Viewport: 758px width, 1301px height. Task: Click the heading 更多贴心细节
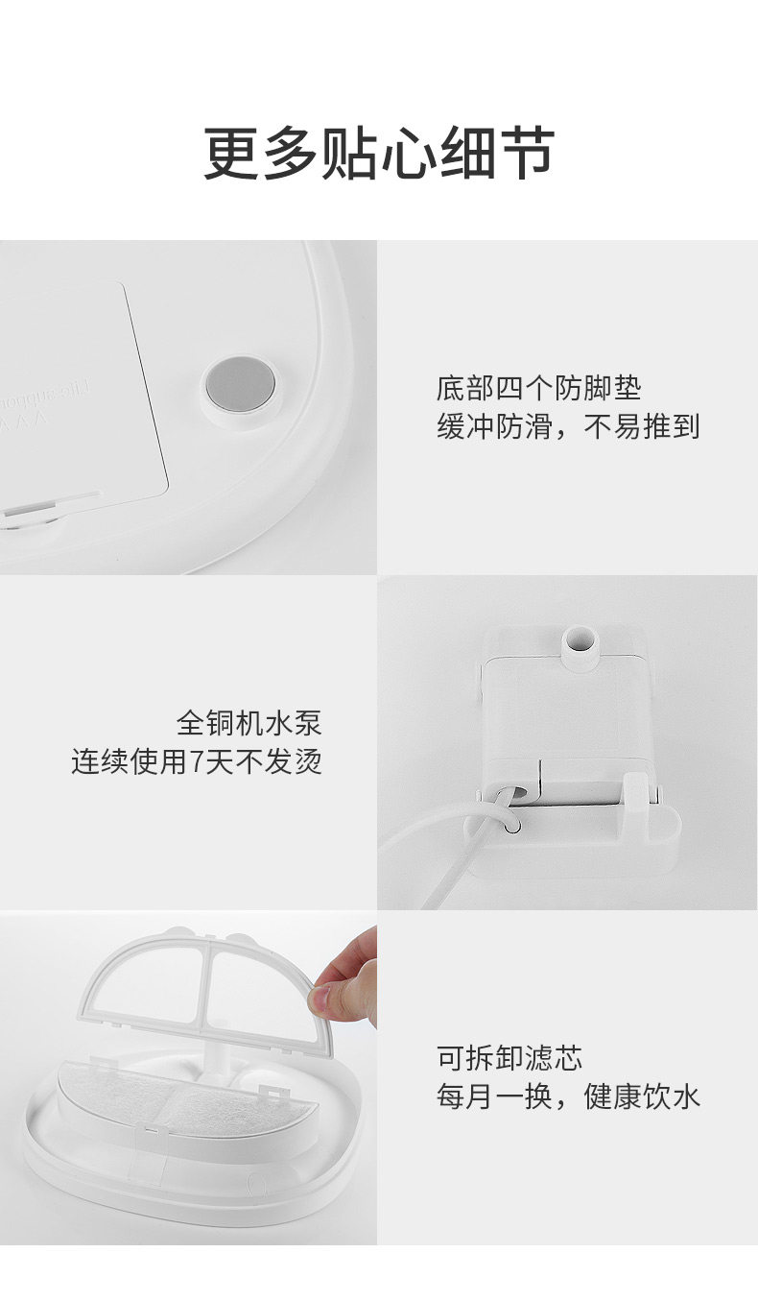tap(379, 153)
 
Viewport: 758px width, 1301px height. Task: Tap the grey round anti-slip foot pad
tap(241, 386)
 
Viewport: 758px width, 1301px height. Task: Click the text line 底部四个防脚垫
tap(538, 389)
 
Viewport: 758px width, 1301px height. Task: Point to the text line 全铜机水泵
tap(249, 723)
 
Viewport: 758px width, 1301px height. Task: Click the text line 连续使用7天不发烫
tap(197, 761)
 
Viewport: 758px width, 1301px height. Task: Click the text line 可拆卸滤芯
tap(509, 1058)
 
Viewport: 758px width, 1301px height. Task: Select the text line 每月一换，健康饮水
tap(568, 1096)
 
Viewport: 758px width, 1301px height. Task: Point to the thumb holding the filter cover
tap(330, 999)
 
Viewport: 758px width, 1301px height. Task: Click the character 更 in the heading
tap(230, 154)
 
